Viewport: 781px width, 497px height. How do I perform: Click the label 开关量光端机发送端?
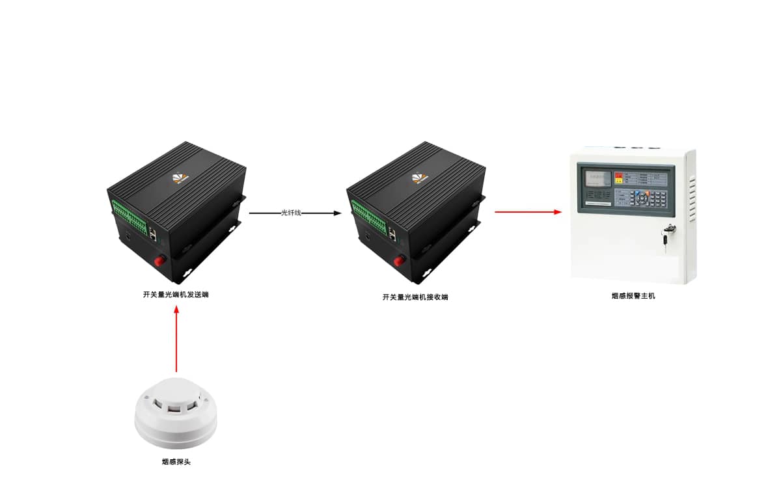[176, 295]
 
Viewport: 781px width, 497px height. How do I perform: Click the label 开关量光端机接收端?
[415, 297]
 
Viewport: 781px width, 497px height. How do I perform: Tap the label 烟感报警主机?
[633, 296]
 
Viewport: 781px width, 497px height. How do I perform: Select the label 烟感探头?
[176, 462]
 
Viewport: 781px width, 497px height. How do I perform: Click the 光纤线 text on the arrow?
[291, 213]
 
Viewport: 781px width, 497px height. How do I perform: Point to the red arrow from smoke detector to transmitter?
[176, 338]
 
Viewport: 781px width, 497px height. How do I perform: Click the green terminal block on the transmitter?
[129, 215]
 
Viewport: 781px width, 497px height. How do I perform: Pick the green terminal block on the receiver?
[368, 215]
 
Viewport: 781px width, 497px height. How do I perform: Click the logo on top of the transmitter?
[180, 177]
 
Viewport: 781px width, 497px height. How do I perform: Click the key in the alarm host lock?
[668, 235]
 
